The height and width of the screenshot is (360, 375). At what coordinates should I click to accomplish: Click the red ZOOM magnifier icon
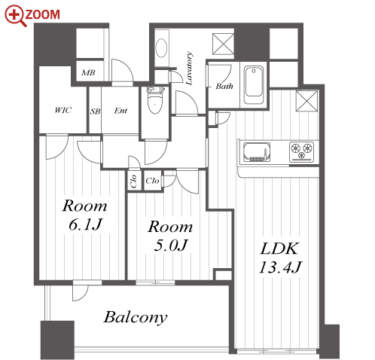pyautogui.click(x=16, y=16)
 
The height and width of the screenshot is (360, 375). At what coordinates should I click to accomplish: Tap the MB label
pyautogui.click(x=88, y=73)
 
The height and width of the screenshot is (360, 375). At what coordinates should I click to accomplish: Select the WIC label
pyautogui.click(x=63, y=110)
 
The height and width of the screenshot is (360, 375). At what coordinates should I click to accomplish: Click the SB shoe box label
pyautogui.click(x=95, y=111)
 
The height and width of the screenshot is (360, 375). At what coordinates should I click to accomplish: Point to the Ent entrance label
pyautogui.click(x=120, y=111)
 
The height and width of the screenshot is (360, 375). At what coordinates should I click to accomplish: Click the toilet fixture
pyautogui.click(x=154, y=100)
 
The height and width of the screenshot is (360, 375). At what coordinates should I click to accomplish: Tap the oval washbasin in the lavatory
pyautogui.click(x=161, y=48)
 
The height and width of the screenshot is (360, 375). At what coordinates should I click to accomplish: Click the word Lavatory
pyautogui.click(x=189, y=69)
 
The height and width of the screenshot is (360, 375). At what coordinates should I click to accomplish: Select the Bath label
pyautogui.click(x=224, y=86)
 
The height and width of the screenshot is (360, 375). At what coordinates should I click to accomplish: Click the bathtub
pyautogui.click(x=255, y=85)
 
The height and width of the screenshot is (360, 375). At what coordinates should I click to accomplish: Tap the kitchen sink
pyautogui.click(x=257, y=152)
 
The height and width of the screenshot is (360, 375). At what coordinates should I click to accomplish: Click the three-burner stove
pyautogui.click(x=301, y=151)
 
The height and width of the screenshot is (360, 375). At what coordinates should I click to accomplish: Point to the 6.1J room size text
pyautogui.click(x=85, y=224)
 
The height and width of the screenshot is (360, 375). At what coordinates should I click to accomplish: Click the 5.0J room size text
pyautogui.click(x=171, y=246)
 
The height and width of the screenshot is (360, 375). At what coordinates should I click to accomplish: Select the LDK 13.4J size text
pyautogui.click(x=280, y=258)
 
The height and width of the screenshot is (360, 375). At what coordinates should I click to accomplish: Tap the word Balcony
pyautogui.click(x=136, y=317)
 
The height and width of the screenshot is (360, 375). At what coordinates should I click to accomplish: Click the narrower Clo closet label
pyautogui.click(x=133, y=182)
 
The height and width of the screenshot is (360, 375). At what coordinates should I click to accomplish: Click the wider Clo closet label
pyautogui.click(x=152, y=181)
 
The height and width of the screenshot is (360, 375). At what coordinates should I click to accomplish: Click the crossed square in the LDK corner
pyautogui.click(x=306, y=101)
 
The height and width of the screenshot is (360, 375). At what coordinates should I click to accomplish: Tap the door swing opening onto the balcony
pyautogui.click(x=81, y=293)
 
